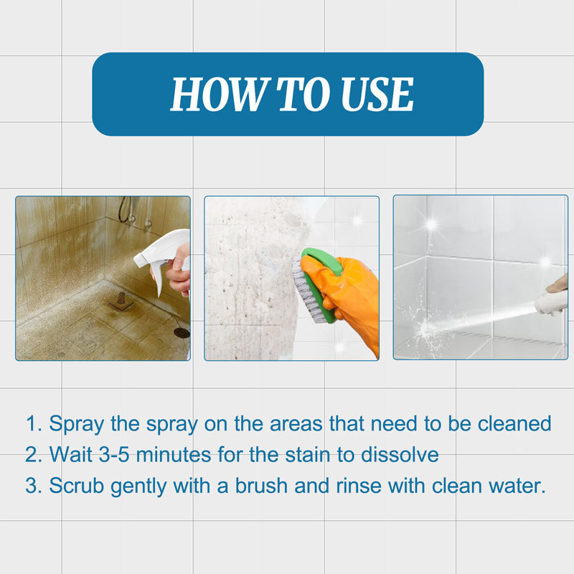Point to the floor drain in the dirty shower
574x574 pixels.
[182, 333]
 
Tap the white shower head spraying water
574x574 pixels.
[552, 302]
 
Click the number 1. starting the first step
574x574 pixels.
[34, 423]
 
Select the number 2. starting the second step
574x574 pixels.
[34, 455]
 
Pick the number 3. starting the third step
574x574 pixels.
[34, 486]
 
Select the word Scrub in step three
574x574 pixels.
[75, 486]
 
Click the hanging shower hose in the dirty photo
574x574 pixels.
[125, 210]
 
